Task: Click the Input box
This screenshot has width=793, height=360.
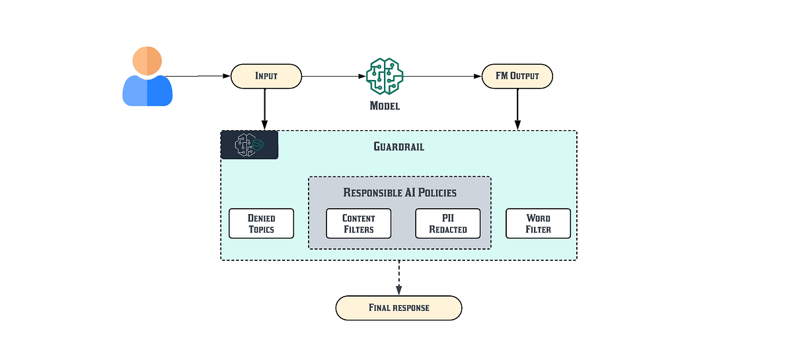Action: pyautogui.click(x=266, y=76)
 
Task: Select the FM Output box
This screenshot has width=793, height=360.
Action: pyautogui.click(x=517, y=76)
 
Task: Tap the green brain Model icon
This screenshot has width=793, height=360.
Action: pyautogui.click(x=385, y=76)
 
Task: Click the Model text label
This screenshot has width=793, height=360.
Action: pyautogui.click(x=385, y=106)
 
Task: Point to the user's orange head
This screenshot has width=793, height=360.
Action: pyautogui.click(x=147, y=61)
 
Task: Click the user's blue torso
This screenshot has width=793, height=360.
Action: pyautogui.click(x=147, y=91)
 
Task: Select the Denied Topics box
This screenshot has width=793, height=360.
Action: pyautogui.click(x=261, y=223)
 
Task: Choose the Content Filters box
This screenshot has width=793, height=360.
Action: pyautogui.click(x=358, y=223)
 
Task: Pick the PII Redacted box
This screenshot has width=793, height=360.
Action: pyautogui.click(x=447, y=223)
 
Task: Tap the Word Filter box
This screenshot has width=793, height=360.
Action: pyautogui.click(x=538, y=223)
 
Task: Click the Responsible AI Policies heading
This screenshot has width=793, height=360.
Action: pyautogui.click(x=399, y=193)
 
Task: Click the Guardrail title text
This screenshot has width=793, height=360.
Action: pyautogui.click(x=398, y=147)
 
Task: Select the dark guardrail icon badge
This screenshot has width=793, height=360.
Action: pyautogui.click(x=249, y=145)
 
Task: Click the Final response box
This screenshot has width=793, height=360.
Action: pyautogui.click(x=398, y=308)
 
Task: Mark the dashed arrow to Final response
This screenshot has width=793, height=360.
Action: pyautogui.click(x=398, y=277)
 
